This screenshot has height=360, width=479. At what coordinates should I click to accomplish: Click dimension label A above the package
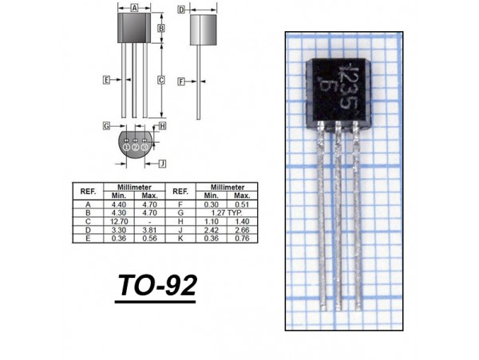[134, 8]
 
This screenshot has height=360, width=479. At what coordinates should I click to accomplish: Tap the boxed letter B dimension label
[161, 28]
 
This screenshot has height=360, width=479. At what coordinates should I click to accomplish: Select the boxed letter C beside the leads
[161, 80]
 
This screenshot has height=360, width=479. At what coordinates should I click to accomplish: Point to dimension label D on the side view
[181, 10]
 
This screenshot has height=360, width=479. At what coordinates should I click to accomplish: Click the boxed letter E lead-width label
[106, 80]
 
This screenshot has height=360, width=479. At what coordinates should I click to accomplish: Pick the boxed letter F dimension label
[181, 81]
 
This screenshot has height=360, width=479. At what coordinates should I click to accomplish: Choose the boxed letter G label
[106, 126]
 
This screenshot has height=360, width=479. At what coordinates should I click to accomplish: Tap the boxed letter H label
[163, 126]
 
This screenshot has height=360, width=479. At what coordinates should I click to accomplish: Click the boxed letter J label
[163, 164]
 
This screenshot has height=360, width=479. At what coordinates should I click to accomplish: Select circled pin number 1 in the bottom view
[126, 148]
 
